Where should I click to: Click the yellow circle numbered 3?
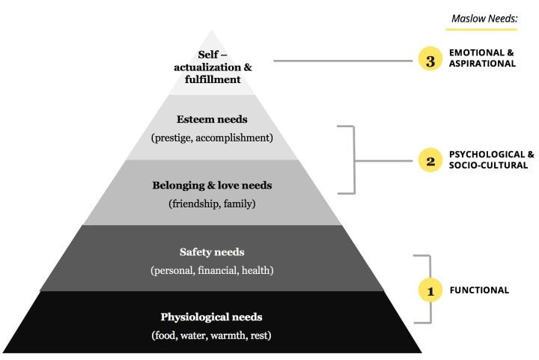click(430, 61)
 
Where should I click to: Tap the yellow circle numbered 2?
click(430, 160)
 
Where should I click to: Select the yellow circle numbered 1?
click(430, 290)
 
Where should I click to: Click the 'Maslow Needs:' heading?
click(484, 17)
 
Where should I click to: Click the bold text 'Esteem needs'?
click(212, 118)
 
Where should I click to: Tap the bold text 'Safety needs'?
click(212, 252)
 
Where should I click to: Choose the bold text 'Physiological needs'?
click(212, 317)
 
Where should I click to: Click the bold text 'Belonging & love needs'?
click(212, 184)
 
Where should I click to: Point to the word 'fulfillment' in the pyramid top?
click(212, 79)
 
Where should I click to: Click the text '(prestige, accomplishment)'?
click(212, 138)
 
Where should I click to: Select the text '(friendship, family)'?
click(212, 203)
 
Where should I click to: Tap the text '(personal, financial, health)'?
click(212, 270)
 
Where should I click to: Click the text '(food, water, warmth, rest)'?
click(212, 335)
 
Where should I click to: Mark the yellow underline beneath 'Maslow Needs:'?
click(481, 30)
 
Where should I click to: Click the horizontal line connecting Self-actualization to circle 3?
click(344, 61)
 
